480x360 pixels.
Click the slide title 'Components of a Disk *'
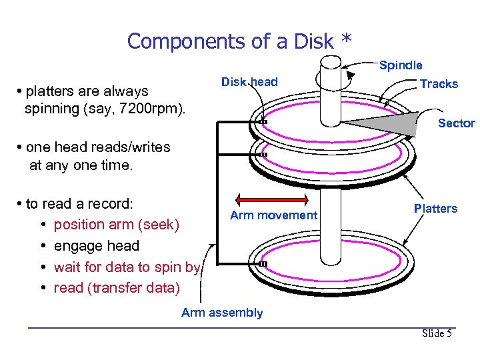[x=239, y=41]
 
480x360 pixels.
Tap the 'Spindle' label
[x=401, y=65]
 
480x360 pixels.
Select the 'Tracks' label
[x=439, y=84]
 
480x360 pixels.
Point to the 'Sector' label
[x=456, y=123]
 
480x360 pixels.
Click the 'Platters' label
[x=435, y=209]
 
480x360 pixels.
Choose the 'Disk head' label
[x=249, y=82]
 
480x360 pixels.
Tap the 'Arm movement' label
[x=273, y=215]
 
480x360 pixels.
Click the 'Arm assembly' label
[x=222, y=313]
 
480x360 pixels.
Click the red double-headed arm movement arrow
[x=272, y=199]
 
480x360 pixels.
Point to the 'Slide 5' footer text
[x=437, y=333]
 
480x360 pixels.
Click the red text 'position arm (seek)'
[x=117, y=225]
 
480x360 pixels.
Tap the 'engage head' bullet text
[x=97, y=246]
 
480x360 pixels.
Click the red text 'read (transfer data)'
[x=117, y=288]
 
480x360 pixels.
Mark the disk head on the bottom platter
[x=263, y=264]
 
